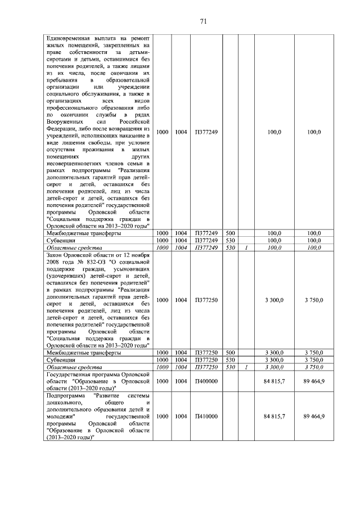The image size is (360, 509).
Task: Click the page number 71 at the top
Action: (x=204, y=22)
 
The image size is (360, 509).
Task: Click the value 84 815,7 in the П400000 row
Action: (x=274, y=381)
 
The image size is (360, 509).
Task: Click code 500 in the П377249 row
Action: (x=229, y=233)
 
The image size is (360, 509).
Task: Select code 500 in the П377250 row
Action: (x=229, y=353)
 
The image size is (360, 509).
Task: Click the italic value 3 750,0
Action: (x=314, y=367)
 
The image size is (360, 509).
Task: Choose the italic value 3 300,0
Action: (x=274, y=367)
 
